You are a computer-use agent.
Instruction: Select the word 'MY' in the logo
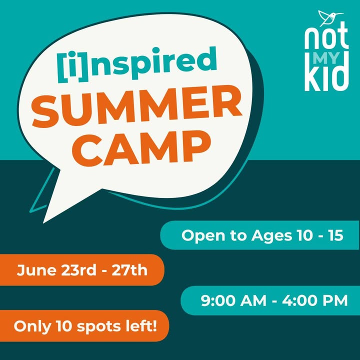click(326, 58)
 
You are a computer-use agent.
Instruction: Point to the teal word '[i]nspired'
click(137, 64)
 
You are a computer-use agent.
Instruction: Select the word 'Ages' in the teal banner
click(271, 236)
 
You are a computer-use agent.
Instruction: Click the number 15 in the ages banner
click(336, 235)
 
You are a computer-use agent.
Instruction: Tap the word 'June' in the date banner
click(36, 270)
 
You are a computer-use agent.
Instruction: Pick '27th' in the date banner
click(129, 270)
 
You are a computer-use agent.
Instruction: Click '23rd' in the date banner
click(78, 270)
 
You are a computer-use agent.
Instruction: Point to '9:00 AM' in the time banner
click(233, 300)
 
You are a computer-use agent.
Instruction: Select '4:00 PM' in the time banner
click(315, 300)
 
